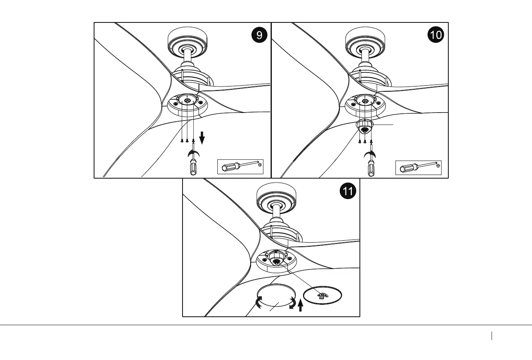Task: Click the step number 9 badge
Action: (x=259, y=35)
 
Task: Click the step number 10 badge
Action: (x=436, y=35)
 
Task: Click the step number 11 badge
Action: (x=347, y=191)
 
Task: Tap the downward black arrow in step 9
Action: (x=202, y=139)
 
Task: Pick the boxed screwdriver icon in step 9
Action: (x=240, y=167)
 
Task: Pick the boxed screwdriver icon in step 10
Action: (x=418, y=167)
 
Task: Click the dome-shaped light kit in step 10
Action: (x=364, y=127)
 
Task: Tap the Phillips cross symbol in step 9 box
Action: (x=260, y=165)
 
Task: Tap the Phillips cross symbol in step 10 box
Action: (x=438, y=165)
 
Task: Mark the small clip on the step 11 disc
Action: (x=321, y=296)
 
